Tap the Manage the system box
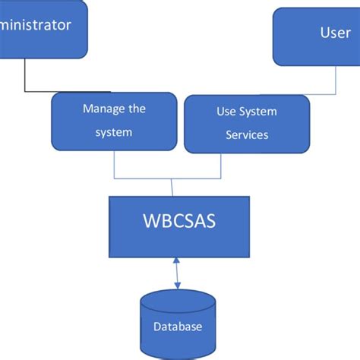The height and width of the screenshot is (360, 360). (x=114, y=121)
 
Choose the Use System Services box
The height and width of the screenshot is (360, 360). (x=247, y=123)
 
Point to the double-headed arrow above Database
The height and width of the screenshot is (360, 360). (x=178, y=272)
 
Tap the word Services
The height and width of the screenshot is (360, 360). (x=247, y=135)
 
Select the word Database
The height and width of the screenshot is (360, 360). (x=178, y=327)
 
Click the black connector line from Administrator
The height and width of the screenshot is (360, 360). (x=26, y=76)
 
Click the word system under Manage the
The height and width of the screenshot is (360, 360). (x=114, y=132)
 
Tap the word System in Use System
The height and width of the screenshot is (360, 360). (x=257, y=112)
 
